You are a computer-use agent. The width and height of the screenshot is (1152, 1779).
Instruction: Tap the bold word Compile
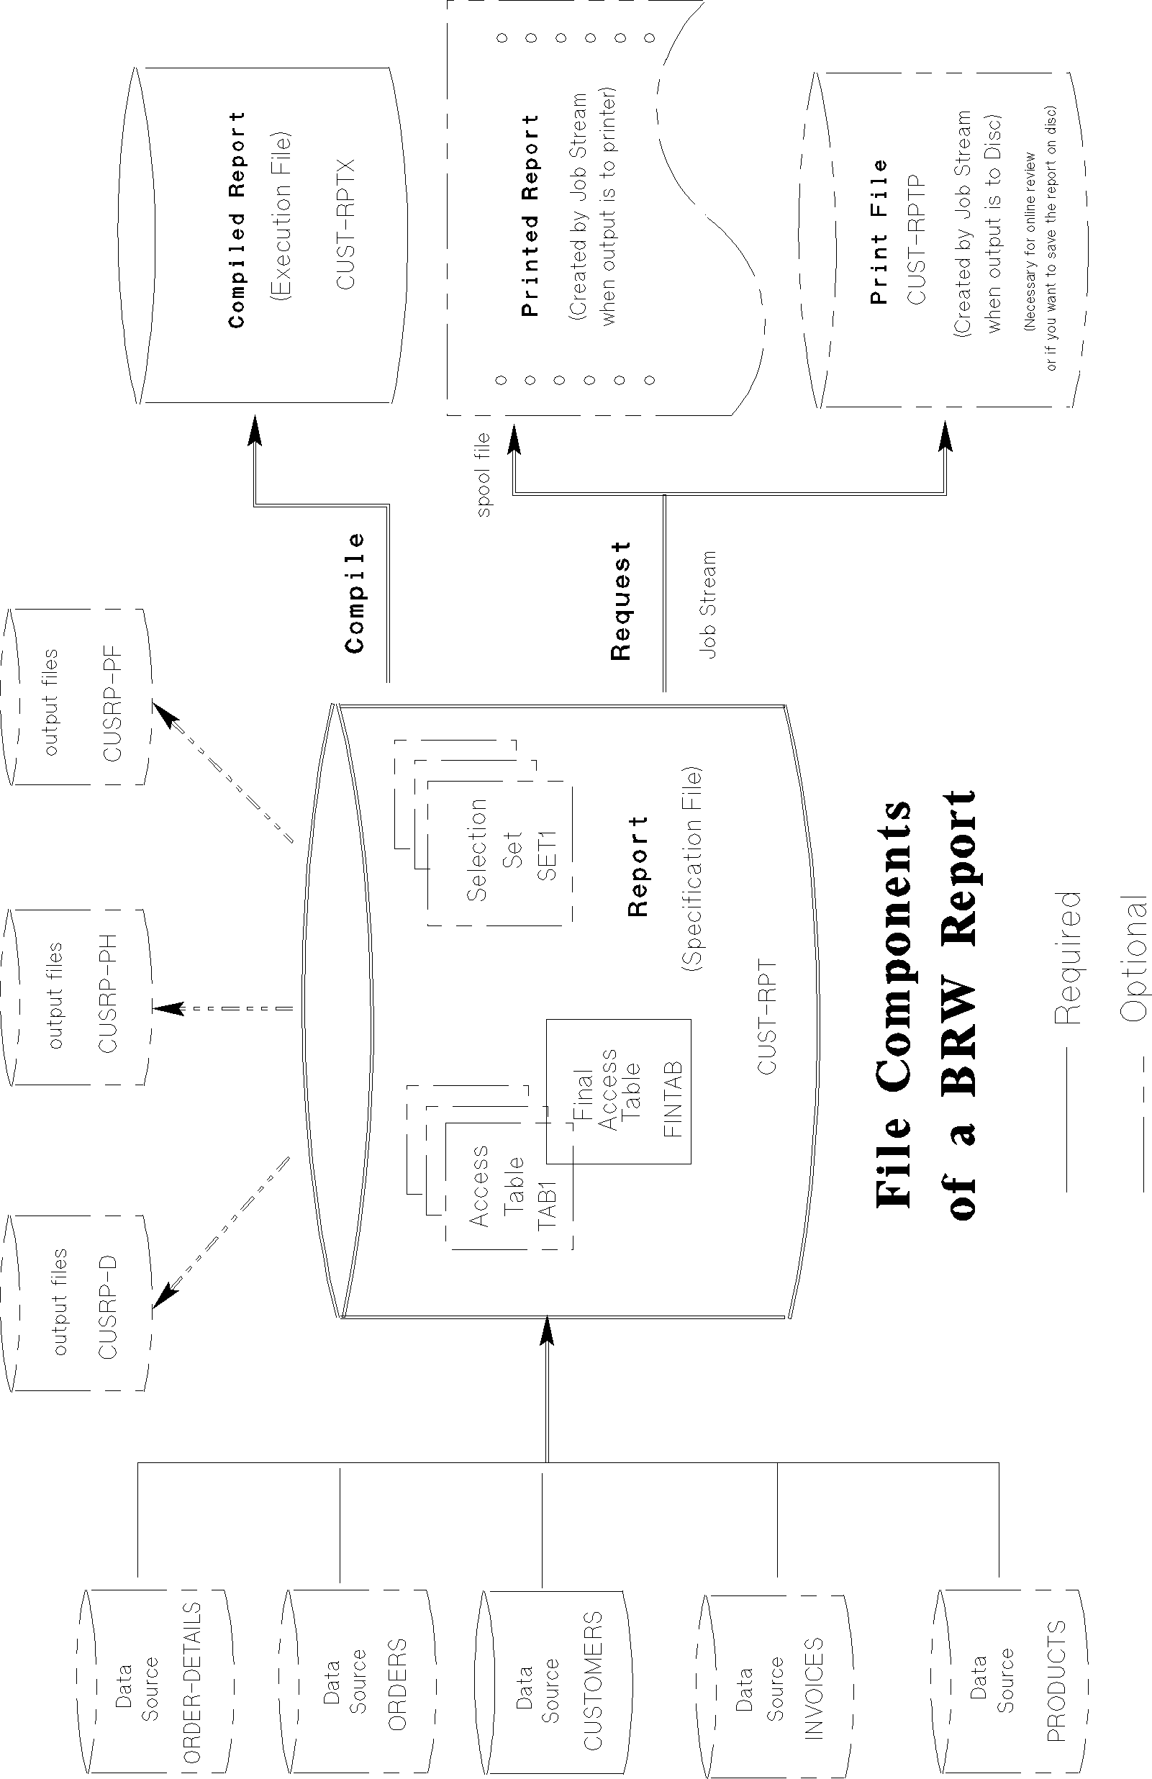pyautogui.click(x=354, y=593)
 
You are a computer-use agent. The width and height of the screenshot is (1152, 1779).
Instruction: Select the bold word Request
pyautogui.click(x=621, y=601)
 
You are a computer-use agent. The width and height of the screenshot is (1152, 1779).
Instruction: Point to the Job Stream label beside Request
pyautogui.click(x=707, y=604)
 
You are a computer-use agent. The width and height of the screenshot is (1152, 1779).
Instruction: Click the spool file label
pyautogui.click(x=484, y=475)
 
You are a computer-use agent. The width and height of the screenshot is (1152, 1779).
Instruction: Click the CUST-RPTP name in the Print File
pyautogui.click(x=917, y=239)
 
